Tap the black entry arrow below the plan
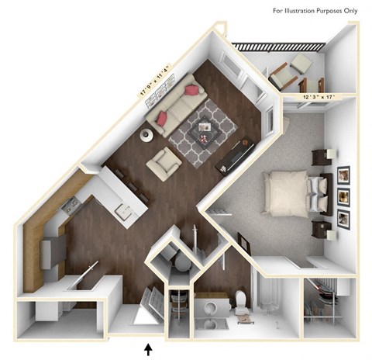pos(149,348)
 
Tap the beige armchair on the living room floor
pos(165,163)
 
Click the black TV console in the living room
pos(236,156)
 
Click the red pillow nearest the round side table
pos(163,118)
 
